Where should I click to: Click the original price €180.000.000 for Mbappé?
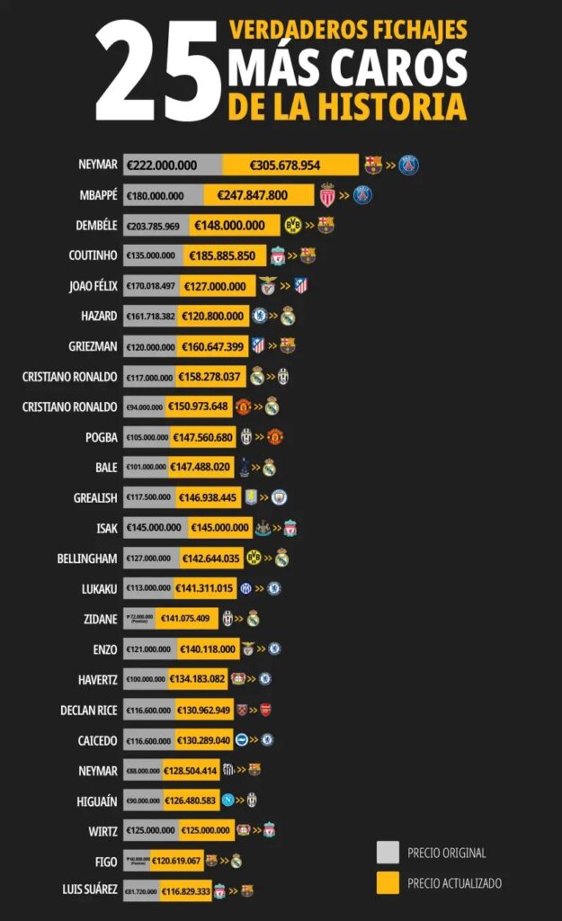click(155, 196)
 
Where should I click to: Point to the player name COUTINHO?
click(93, 256)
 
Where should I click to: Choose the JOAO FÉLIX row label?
click(93, 286)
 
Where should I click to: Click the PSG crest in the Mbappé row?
click(362, 195)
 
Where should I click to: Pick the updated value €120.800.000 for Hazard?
click(214, 316)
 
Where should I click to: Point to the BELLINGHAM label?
click(87, 559)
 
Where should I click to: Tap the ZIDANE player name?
click(99, 619)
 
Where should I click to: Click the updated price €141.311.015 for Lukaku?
click(205, 588)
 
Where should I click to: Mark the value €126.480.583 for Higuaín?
click(191, 800)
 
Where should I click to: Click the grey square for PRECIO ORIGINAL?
click(388, 853)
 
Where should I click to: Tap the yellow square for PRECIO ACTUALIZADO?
click(388, 883)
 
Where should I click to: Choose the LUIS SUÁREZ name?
click(90, 890)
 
